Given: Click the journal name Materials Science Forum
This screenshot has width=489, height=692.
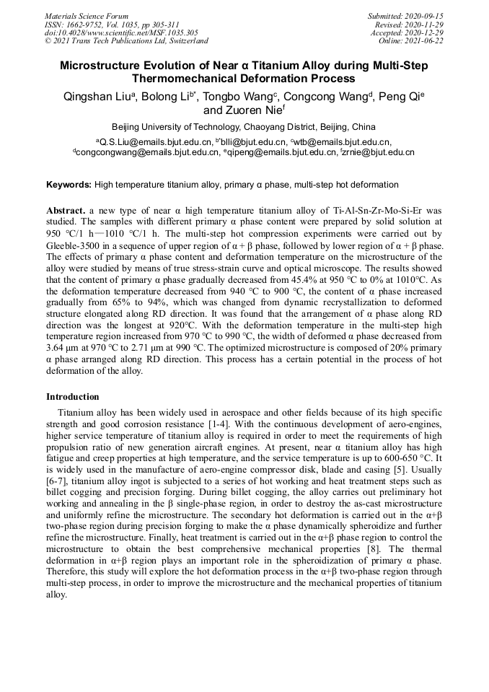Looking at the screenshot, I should [87, 16].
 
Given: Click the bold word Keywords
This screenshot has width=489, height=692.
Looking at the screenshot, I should [69, 185].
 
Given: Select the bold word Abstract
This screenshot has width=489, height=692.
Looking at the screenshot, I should [66, 209].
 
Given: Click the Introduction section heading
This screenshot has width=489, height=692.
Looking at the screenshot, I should [72, 397].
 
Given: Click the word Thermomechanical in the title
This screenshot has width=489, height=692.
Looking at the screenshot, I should [186, 78].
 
